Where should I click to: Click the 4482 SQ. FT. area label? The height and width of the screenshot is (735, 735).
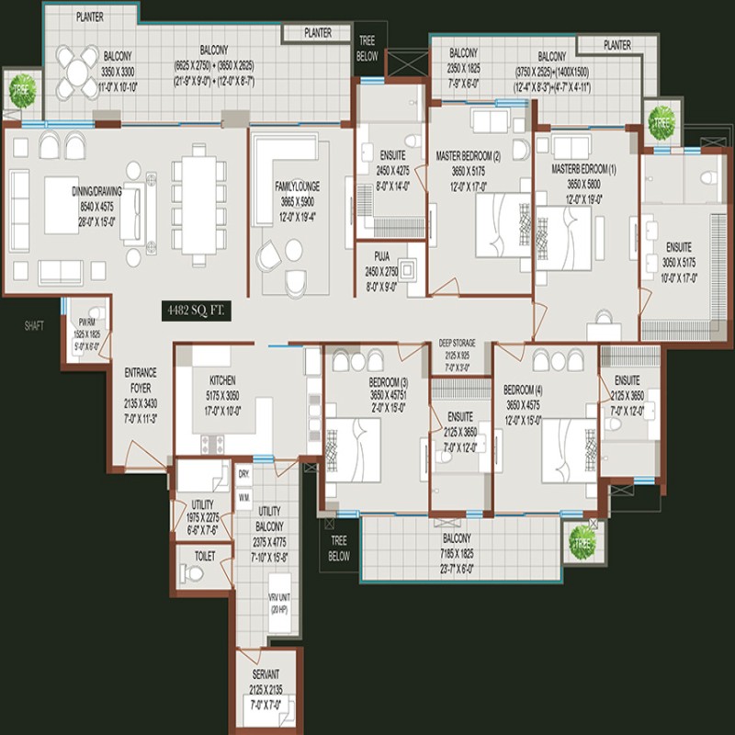point(193,311)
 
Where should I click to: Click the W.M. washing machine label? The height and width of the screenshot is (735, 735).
point(243,497)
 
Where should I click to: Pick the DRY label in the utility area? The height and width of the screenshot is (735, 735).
point(243,474)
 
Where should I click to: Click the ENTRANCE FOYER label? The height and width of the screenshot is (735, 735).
point(141,379)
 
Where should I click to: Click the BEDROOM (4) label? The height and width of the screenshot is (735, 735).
point(526,389)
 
